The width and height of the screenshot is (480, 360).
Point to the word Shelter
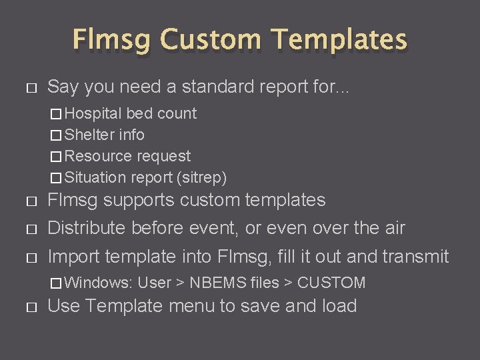(90, 135)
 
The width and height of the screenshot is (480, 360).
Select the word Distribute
(87, 228)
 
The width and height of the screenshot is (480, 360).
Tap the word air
(392, 228)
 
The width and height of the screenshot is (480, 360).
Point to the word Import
(71, 257)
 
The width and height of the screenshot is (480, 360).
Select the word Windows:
(99, 283)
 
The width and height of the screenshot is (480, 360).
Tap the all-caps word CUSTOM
(331, 283)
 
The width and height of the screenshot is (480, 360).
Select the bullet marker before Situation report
(57, 178)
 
